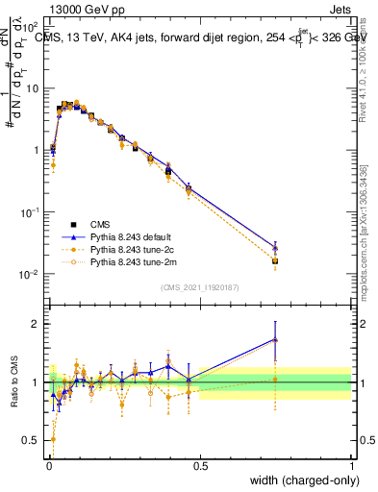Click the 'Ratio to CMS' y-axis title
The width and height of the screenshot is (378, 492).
pos(15,381)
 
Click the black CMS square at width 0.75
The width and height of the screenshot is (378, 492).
pos(275,260)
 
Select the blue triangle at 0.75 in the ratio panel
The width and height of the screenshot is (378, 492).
pos(275,339)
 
